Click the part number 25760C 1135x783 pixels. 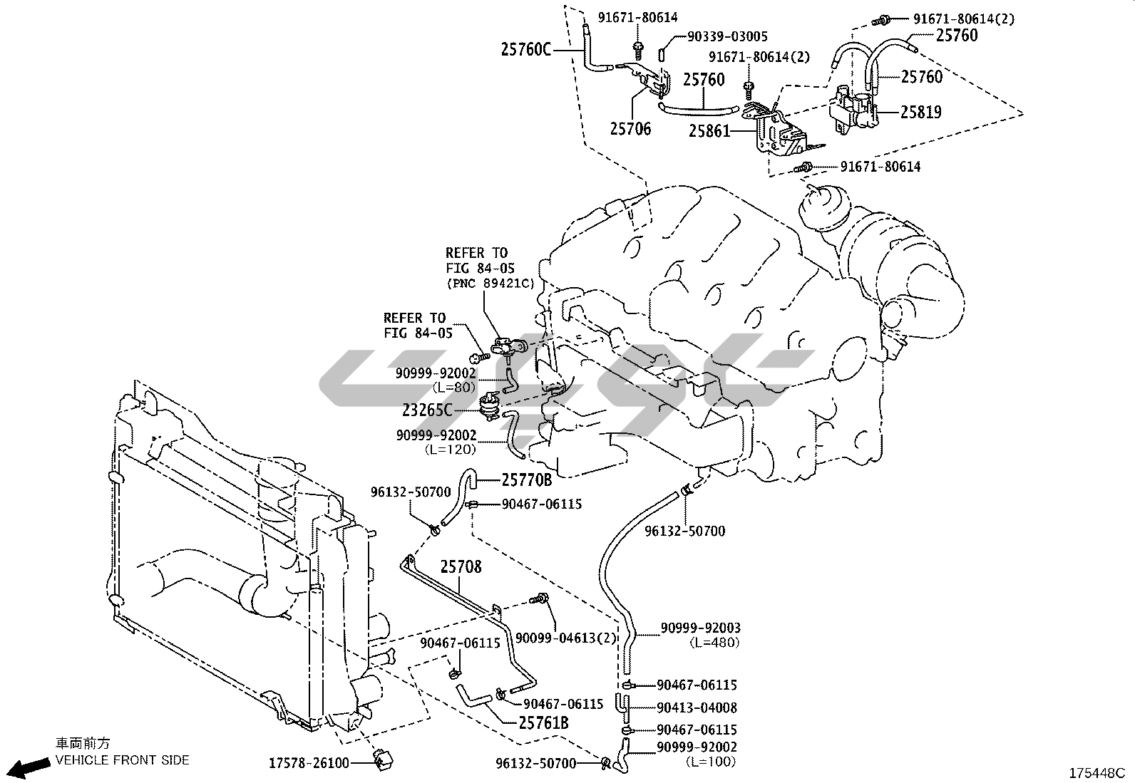pos(526,49)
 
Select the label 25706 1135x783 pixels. pos(630,130)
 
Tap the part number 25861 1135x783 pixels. pos(709,131)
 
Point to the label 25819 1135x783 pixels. pos(920,112)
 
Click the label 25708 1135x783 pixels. pos(461,567)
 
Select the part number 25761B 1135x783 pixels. pos(543,723)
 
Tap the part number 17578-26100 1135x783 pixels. pos(309,763)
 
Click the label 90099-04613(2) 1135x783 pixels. pos(565,638)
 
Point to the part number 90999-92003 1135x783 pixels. pos(700,628)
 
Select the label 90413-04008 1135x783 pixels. pos(697,707)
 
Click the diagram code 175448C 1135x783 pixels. pos(1096,772)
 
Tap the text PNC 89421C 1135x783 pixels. pos(490,284)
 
